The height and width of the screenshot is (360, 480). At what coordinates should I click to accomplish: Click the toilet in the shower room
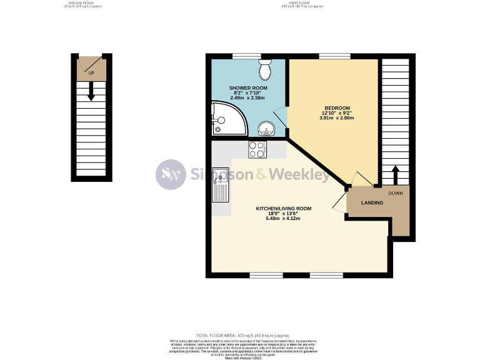[x=265, y=71]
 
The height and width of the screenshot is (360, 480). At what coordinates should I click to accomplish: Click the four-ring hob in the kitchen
[x=257, y=149]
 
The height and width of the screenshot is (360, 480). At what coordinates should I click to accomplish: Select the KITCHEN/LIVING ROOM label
[x=283, y=208]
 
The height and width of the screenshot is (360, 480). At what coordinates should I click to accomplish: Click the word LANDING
[x=371, y=202]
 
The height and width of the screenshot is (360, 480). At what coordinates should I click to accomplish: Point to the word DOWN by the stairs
[x=395, y=193]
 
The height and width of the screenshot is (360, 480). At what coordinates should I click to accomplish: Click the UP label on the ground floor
[x=91, y=73]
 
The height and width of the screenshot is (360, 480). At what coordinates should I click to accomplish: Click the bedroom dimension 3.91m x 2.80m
[x=337, y=117]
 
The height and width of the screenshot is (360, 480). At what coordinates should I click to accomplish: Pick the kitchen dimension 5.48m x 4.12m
[x=283, y=219]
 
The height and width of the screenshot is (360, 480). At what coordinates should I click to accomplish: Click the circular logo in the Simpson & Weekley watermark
[x=171, y=174]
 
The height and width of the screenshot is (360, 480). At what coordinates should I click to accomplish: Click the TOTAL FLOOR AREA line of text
[x=239, y=336]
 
